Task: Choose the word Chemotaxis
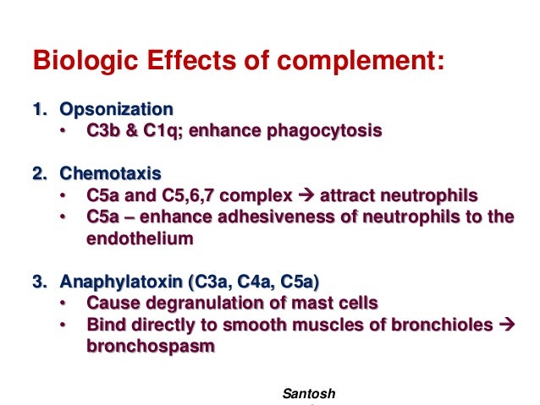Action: [x=110, y=174]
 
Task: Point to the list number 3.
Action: [x=37, y=282]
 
